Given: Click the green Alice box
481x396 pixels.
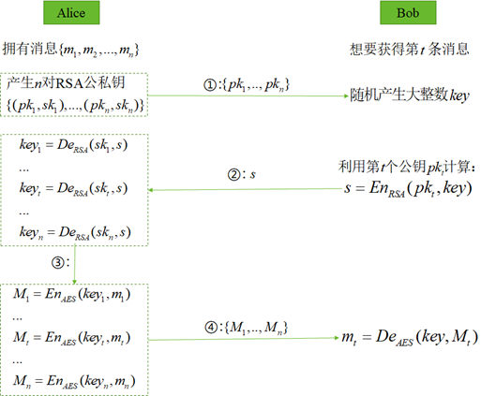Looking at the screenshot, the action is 71,13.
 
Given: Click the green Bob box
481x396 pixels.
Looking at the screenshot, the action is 408,13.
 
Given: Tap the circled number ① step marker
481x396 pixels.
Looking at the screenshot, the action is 210,85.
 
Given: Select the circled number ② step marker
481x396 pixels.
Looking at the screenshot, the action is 234,174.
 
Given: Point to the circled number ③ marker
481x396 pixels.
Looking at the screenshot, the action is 58,262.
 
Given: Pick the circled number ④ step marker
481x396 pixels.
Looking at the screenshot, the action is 211,328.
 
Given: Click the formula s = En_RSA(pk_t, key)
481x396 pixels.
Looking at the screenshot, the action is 408,189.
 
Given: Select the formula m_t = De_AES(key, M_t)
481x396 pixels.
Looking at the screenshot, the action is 410,337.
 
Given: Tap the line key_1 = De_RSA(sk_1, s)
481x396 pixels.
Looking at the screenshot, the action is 73,145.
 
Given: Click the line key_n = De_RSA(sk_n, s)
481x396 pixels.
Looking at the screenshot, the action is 75,233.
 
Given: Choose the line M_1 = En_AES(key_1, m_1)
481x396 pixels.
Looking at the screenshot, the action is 71,295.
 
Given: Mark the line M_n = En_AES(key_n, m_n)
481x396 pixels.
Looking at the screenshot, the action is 74,382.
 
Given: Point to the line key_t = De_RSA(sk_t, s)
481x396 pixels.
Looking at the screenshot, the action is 73,189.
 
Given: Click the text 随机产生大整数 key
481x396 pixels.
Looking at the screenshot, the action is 410,95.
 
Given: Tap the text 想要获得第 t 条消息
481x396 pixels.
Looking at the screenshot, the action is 409,49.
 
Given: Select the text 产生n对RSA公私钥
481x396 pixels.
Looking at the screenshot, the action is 66,82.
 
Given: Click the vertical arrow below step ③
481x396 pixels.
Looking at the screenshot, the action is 75,265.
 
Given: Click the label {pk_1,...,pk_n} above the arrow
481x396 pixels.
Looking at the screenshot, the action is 256,85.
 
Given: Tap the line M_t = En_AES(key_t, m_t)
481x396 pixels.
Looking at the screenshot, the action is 71,338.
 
